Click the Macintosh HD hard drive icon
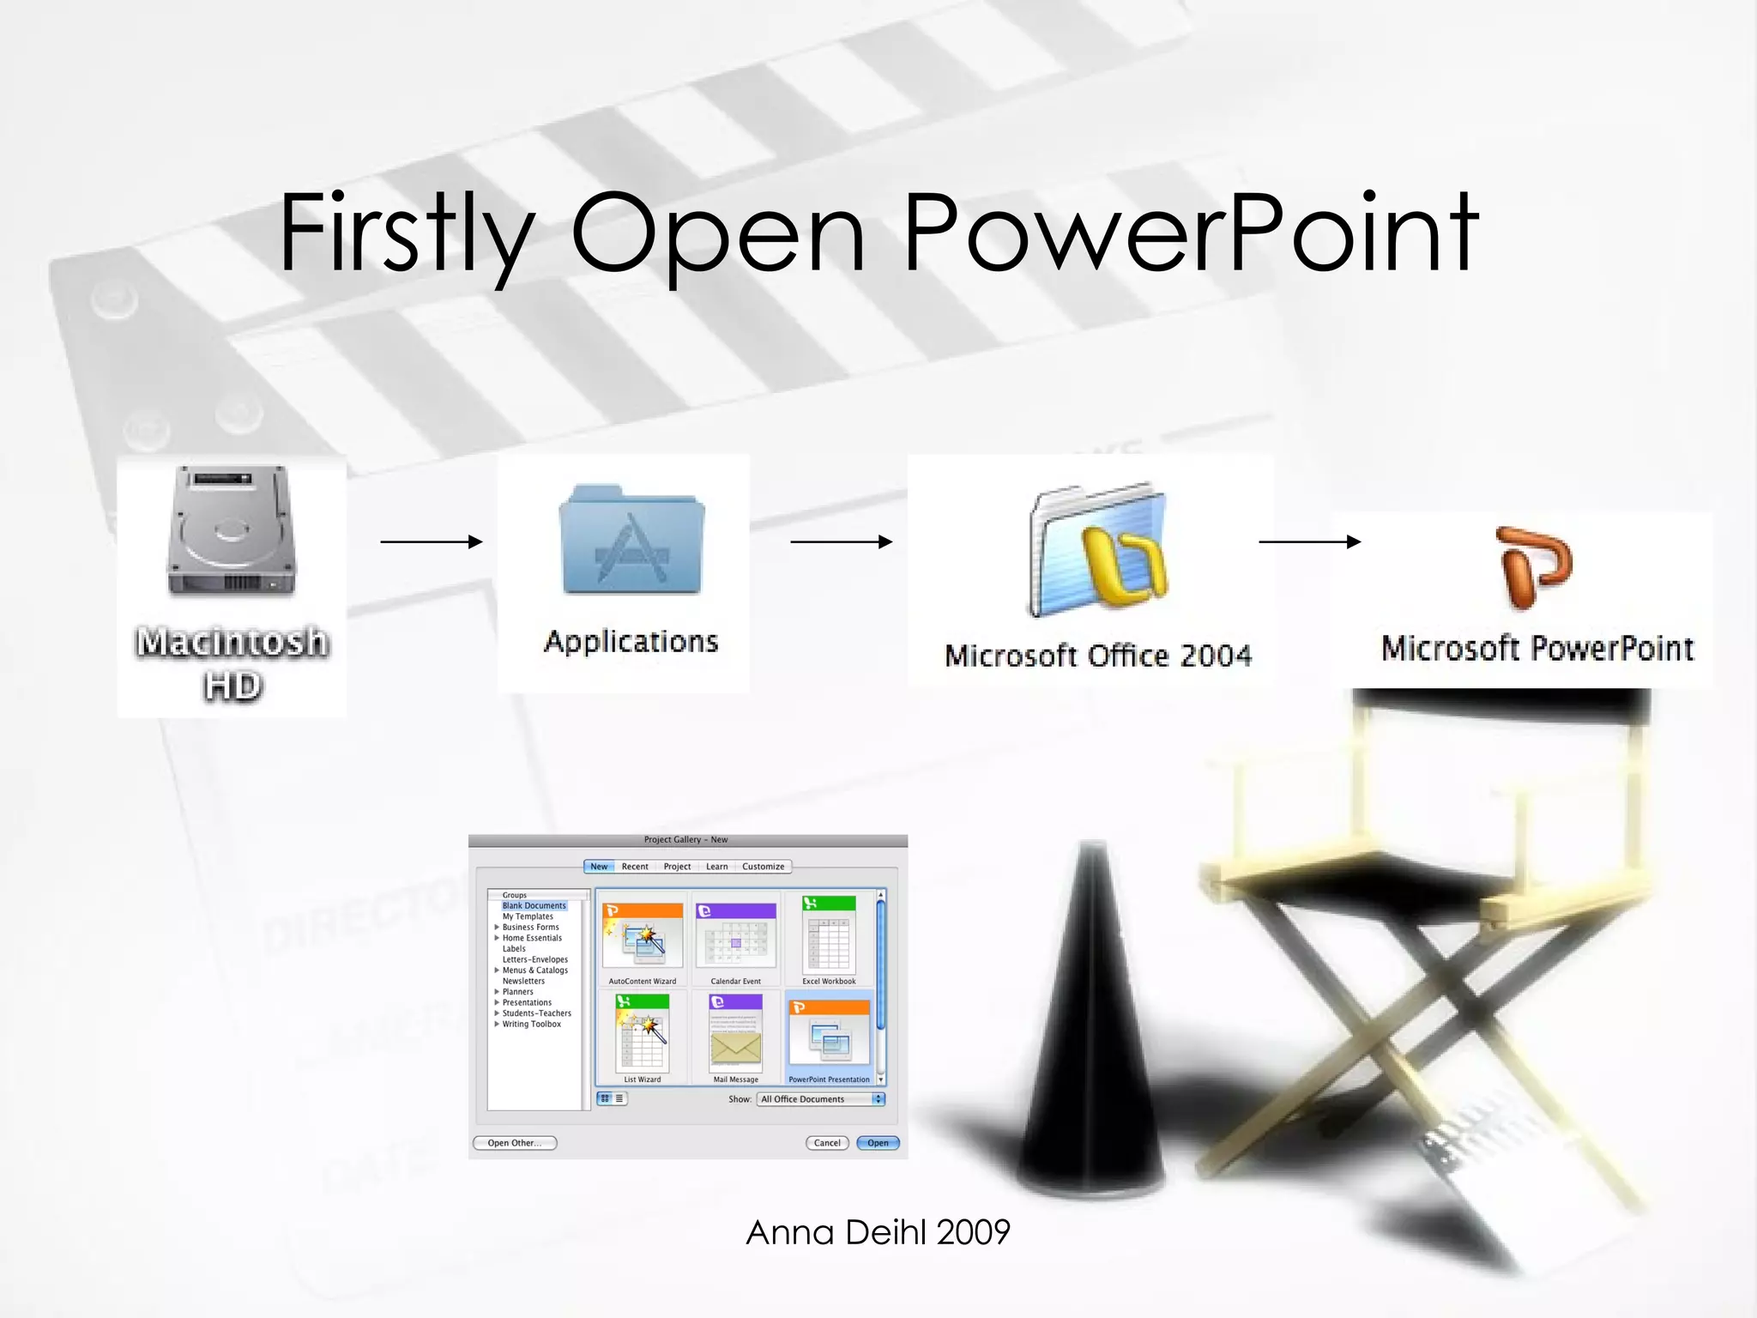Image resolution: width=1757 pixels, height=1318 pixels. pos(232,532)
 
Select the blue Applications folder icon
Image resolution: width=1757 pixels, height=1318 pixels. pos(632,541)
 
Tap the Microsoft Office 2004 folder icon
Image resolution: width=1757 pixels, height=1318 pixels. pos(1099,549)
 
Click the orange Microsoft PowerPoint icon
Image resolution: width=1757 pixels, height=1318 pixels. pos(1536,567)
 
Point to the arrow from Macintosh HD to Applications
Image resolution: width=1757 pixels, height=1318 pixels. pos(432,541)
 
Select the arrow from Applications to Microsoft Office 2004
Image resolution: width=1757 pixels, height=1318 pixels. pos(842,541)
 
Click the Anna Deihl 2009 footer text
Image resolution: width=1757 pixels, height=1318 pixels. pos(878,1232)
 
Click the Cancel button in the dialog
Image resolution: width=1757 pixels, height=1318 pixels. pos(827,1143)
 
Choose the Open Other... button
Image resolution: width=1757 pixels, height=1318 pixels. pos(515,1143)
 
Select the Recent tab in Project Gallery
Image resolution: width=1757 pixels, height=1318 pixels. pos(635,867)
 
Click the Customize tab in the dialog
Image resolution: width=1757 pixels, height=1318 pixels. pos(763,867)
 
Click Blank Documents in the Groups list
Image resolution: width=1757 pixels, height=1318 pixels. pos(534,906)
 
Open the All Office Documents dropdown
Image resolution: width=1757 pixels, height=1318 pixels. pos(820,1099)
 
